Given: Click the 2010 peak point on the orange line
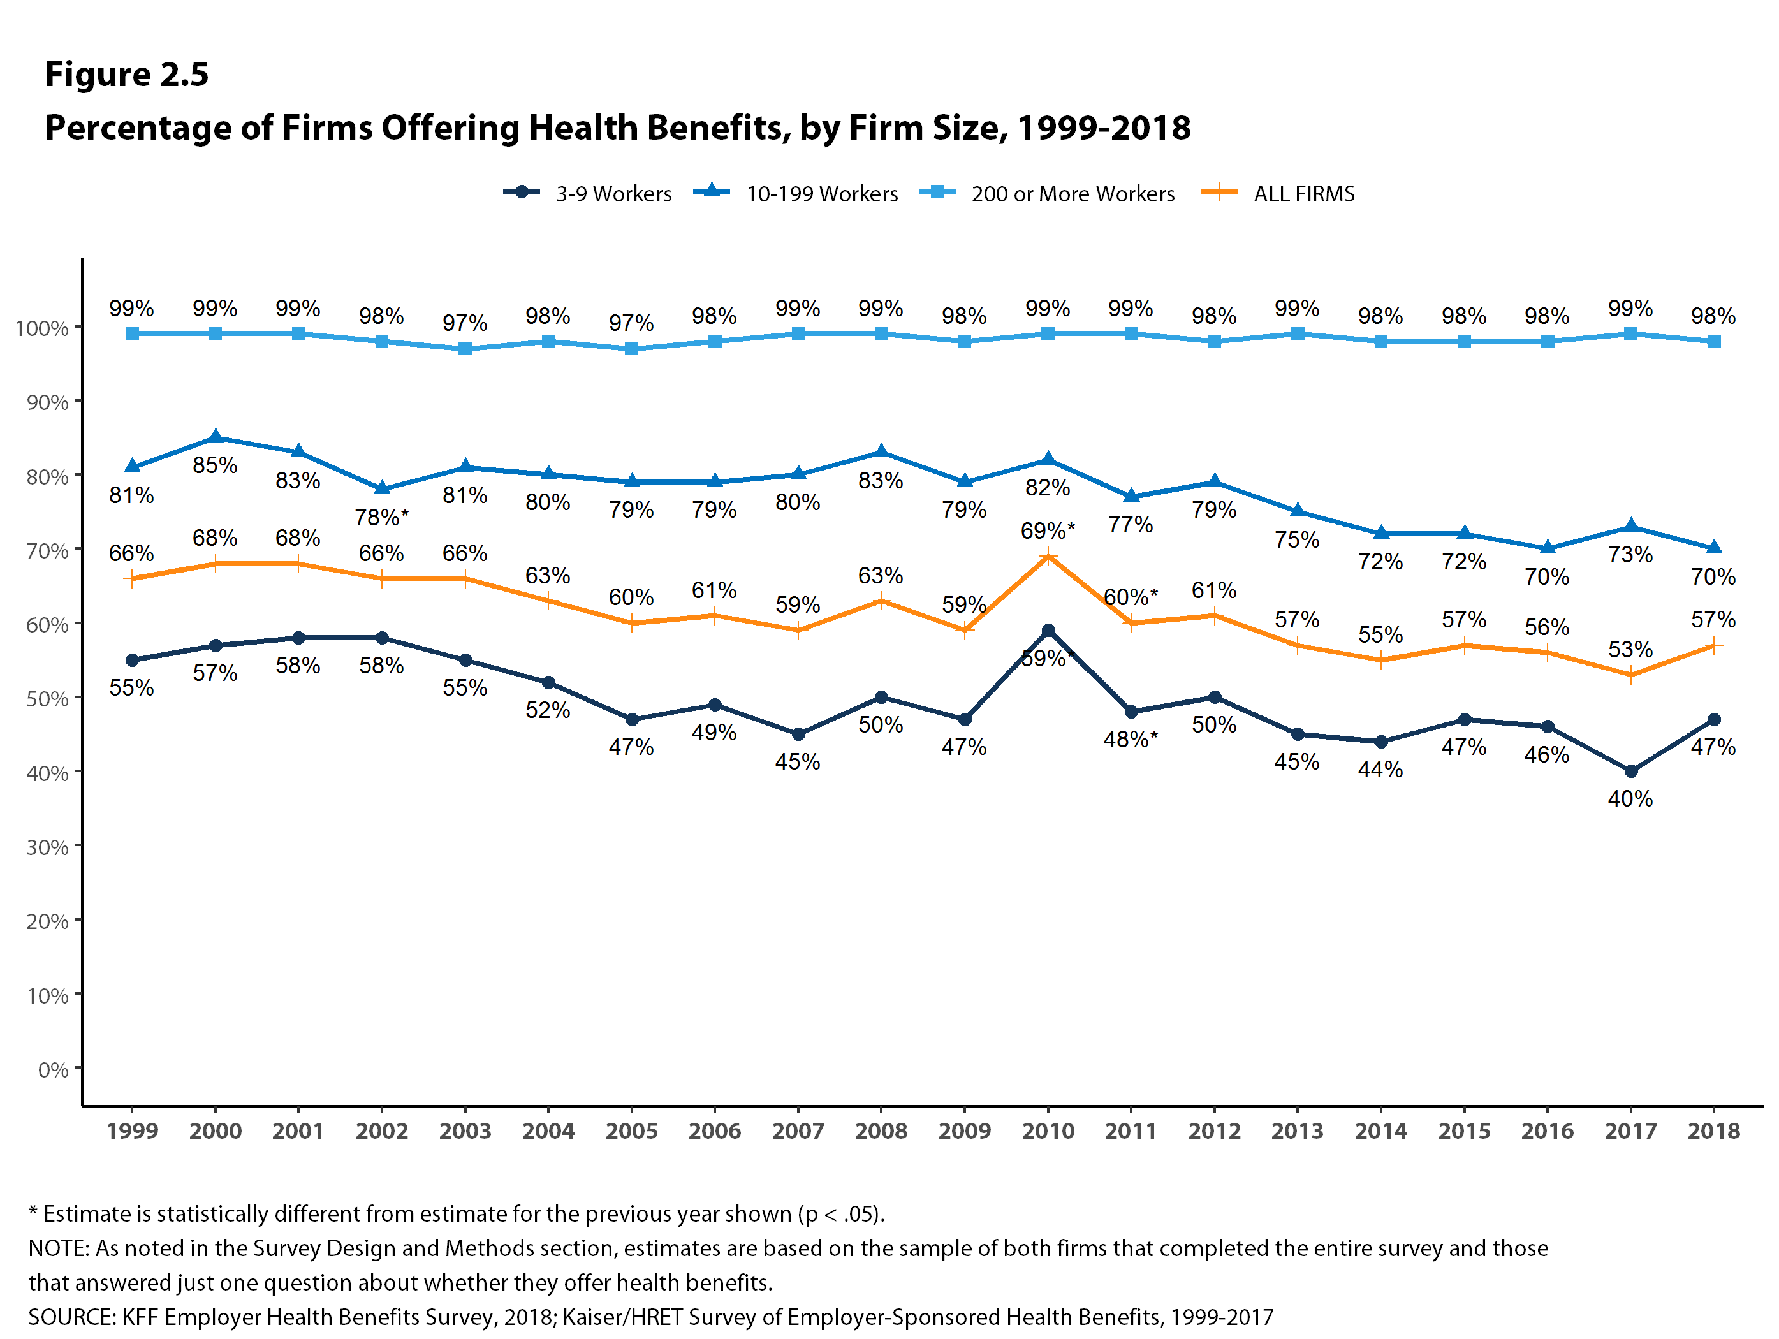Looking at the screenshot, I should (x=1047, y=557).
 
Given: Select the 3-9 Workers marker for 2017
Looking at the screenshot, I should (x=1630, y=772).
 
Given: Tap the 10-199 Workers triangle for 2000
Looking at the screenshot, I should (x=216, y=437).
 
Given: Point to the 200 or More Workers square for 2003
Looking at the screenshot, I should (x=465, y=349).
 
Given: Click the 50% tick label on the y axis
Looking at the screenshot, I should (x=47, y=699).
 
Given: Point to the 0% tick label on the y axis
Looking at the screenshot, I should (x=53, y=1069).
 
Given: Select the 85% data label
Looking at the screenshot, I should (x=215, y=465).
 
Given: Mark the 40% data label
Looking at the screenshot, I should (x=1630, y=798).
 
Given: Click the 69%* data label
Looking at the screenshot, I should (x=1047, y=530).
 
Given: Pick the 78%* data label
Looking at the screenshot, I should (x=381, y=517).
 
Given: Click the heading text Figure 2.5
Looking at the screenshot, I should (x=126, y=74).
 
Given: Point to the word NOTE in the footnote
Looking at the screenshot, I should (x=58, y=1248).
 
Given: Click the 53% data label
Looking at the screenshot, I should (x=1630, y=649).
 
